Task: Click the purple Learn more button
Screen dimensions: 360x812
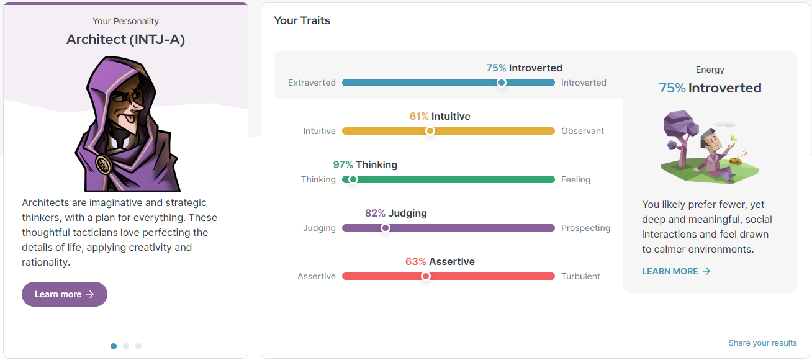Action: (65, 294)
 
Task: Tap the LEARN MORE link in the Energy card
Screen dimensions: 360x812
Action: (676, 271)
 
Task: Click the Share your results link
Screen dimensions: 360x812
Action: (762, 343)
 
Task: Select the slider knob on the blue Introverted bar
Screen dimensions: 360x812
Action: (502, 83)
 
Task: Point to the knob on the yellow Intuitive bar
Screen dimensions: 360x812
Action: (430, 131)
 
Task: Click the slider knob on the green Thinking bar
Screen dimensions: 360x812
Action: (353, 179)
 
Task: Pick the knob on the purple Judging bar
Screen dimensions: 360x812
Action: (386, 228)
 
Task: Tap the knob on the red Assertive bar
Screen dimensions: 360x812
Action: (426, 276)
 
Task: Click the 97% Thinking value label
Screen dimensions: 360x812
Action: (365, 164)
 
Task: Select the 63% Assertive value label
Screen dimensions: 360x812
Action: (440, 261)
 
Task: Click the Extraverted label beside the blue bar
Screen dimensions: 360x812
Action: (312, 83)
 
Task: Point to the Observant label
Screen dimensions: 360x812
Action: (582, 131)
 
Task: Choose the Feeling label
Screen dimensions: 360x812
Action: (575, 179)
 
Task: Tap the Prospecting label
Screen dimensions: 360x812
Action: (585, 228)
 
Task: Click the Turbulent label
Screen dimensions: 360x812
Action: (580, 276)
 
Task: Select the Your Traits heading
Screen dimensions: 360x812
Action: (302, 20)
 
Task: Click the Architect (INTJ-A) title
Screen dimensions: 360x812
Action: (125, 40)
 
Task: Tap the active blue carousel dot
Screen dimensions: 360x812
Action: (114, 346)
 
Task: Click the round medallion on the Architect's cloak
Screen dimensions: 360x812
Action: (103, 164)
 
